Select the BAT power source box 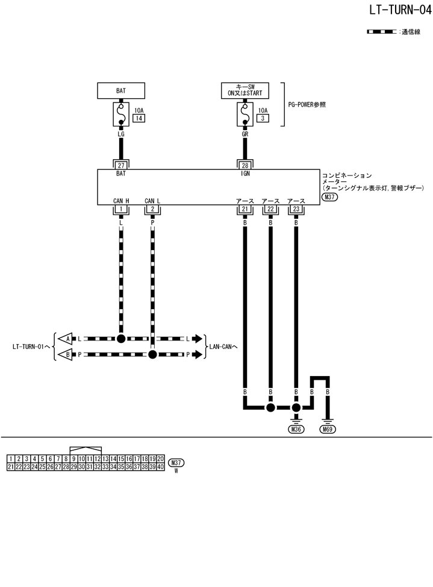point(121,90)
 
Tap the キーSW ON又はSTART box point(245,90)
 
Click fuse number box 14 point(138,119)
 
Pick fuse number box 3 point(262,119)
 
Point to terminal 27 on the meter point(121,164)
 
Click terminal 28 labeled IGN point(245,164)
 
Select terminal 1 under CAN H point(121,209)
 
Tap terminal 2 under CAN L point(152,209)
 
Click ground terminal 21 point(245,209)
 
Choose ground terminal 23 point(296,209)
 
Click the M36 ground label point(296,429)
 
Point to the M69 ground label point(328,429)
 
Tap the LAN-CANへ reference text point(223,347)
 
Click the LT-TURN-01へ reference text point(31,347)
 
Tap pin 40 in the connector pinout point(161,466)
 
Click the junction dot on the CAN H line point(121,339)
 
